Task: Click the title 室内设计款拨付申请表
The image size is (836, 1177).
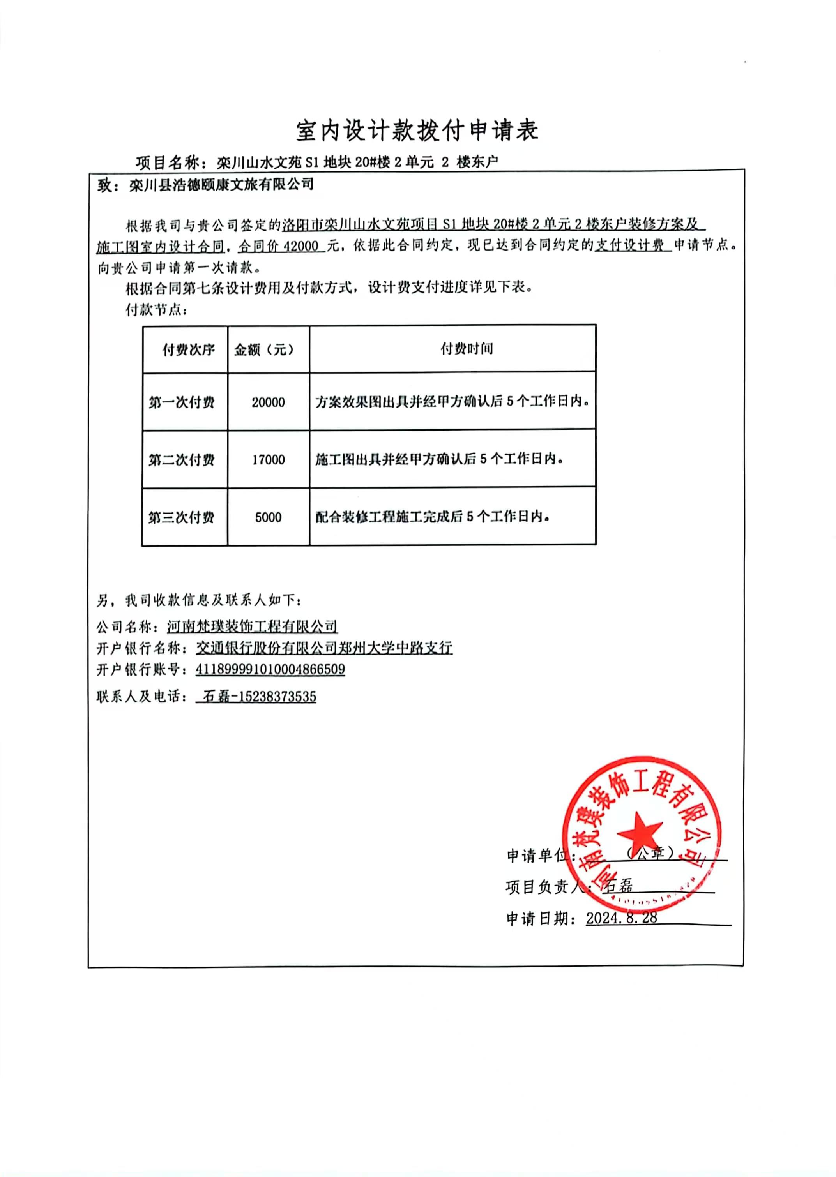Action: click(x=417, y=131)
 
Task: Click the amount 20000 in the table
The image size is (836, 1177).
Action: click(x=268, y=402)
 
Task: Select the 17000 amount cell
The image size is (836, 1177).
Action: click(x=268, y=459)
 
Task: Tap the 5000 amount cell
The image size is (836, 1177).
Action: click(x=268, y=517)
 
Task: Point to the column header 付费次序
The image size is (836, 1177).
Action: click(x=188, y=350)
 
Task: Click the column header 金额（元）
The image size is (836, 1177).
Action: click(x=265, y=350)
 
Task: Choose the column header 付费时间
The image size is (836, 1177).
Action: click(x=467, y=349)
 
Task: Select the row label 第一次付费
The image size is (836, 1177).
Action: click(x=181, y=402)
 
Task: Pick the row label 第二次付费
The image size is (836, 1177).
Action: click(x=181, y=459)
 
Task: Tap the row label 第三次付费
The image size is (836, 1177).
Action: click(x=181, y=517)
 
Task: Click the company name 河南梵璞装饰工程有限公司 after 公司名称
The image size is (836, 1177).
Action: click(x=252, y=626)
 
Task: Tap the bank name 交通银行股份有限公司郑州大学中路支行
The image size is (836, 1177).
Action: click(x=324, y=648)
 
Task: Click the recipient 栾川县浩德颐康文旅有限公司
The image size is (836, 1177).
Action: click(x=221, y=185)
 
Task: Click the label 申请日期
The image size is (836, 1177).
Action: click(x=541, y=918)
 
